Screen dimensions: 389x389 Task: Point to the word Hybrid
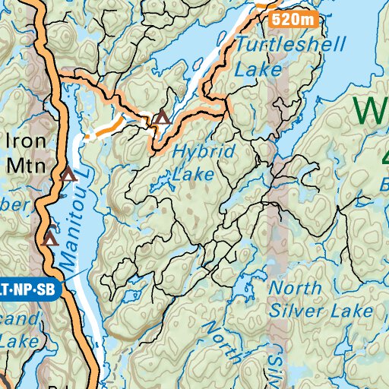tap(200, 151)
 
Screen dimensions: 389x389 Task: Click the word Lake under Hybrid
tap(194, 175)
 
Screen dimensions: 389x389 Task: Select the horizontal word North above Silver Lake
tap(295, 288)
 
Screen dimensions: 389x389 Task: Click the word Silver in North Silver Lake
tap(296, 312)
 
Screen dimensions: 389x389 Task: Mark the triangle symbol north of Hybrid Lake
tap(161, 118)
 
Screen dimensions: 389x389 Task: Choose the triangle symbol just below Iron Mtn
tap(68, 174)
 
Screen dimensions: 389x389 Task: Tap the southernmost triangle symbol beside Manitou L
tap(50, 239)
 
